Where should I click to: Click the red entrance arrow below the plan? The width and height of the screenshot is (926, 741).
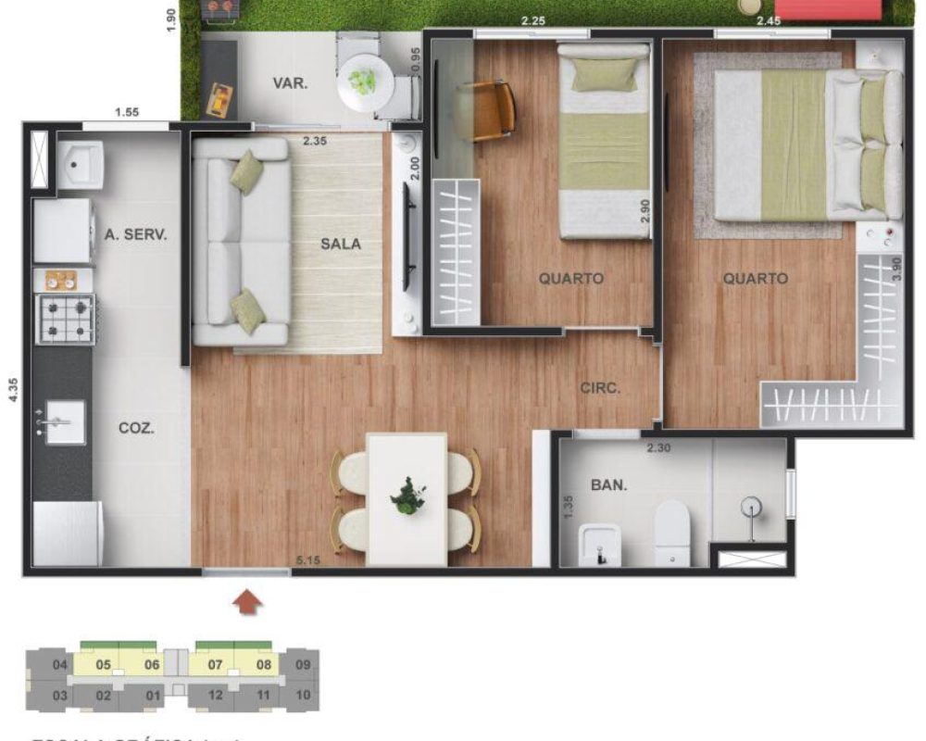(246, 603)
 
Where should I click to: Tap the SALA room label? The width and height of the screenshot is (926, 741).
(341, 245)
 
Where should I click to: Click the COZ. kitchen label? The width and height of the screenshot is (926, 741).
(136, 428)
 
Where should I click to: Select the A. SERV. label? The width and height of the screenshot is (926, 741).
(136, 235)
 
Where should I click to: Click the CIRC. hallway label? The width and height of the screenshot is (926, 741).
(600, 388)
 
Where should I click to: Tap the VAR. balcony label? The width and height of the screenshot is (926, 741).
(290, 83)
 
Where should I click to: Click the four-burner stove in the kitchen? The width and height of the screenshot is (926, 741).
(65, 319)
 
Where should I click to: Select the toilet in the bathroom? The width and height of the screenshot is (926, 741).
(672, 533)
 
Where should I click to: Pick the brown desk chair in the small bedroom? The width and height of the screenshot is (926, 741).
(487, 110)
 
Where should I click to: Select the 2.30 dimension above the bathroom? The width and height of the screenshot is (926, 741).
(657, 448)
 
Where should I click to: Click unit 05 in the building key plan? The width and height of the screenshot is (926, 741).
(104, 664)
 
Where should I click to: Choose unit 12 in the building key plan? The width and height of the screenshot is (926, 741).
(215, 695)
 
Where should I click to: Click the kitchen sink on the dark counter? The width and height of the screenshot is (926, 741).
(64, 422)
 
